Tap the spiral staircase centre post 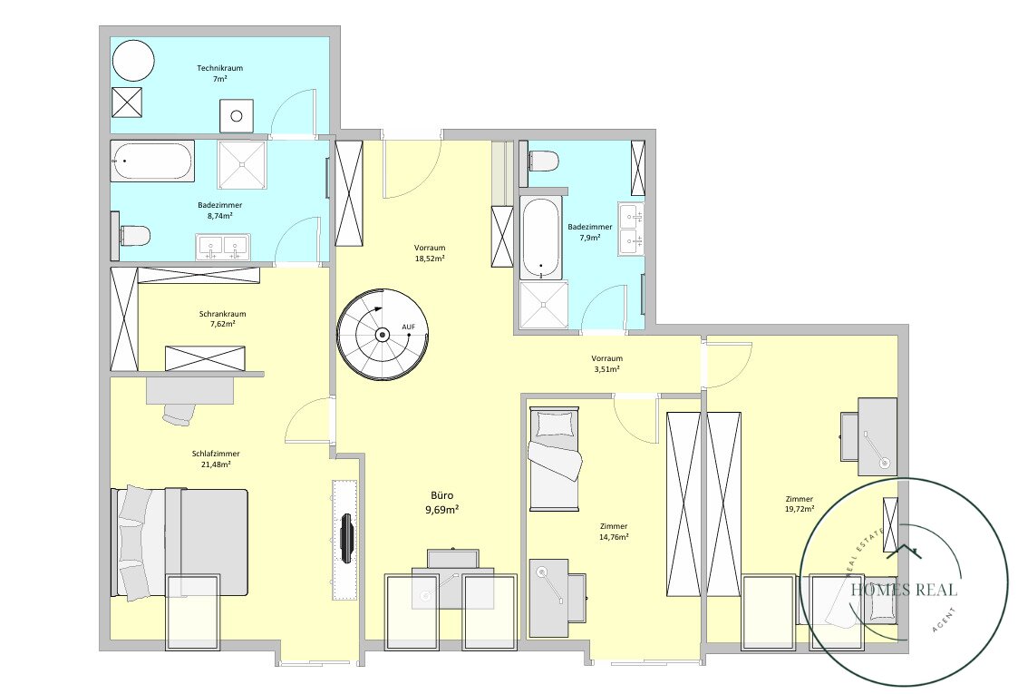click(x=383, y=335)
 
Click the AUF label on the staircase click(x=408, y=327)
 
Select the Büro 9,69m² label click(x=442, y=503)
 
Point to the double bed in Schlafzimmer click(x=179, y=542)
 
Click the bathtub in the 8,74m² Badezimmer click(x=152, y=161)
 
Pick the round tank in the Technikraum click(x=133, y=61)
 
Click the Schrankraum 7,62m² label click(x=222, y=318)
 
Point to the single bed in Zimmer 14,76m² click(x=554, y=458)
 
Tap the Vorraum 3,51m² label click(x=607, y=363)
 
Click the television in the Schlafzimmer click(x=347, y=538)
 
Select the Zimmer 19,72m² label click(x=800, y=504)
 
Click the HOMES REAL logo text click(x=904, y=590)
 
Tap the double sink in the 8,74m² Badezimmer click(x=223, y=247)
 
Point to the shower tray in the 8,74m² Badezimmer click(x=242, y=164)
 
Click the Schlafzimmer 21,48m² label click(x=216, y=459)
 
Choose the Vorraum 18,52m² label click(x=430, y=253)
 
